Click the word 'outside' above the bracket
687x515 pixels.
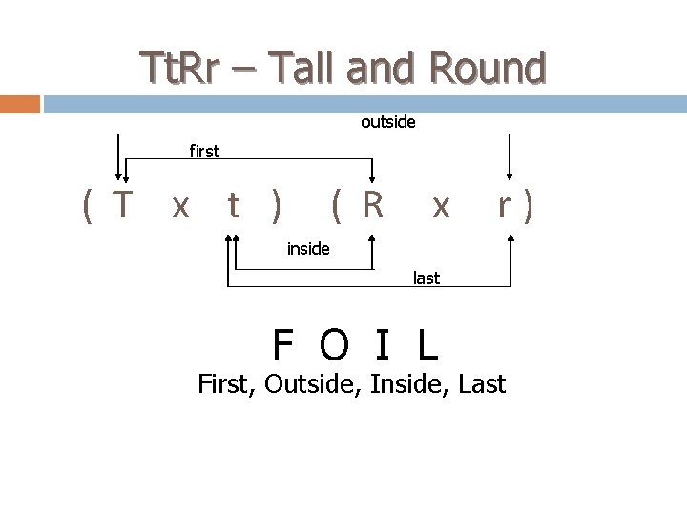pyautogui.click(x=387, y=122)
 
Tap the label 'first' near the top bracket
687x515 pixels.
pyautogui.click(x=204, y=151)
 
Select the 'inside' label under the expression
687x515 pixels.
pyautogui.click(x=308, y=249)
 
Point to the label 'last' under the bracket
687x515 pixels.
pyautogui.click(x=426, y=278)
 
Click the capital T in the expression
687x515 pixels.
pyautogui.click(x=121, y=204)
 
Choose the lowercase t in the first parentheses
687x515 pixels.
pyautogui.click(x=233, y=204)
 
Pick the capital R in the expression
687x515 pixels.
pyautogui.click(x=372, y=204)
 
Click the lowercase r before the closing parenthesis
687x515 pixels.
pyautogui.click(x=506, y=204)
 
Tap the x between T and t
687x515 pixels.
pyautogui.click(x=178, y=206)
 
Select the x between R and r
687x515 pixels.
pyautogui.click(x=439, y=206)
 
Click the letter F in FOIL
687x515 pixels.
pyautogui.click(x=282, y=344)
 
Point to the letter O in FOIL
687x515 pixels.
pyautogui.click(x=334, y=344)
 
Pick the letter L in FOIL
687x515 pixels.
pyautogui.click(x=427, y=344)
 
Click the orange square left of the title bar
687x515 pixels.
pyautogui.click(x=20, y=104)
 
